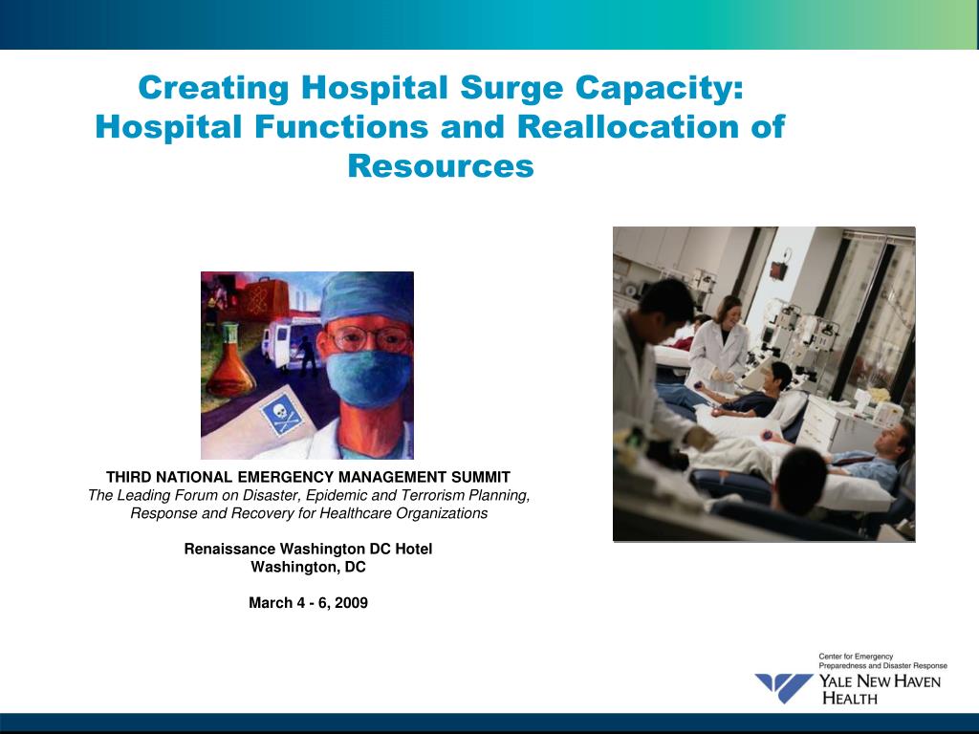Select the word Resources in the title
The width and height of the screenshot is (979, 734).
(440, 166)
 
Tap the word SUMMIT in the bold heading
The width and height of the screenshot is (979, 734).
(478, 477)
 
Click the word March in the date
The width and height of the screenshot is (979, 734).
(270, 602)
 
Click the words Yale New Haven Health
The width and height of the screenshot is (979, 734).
(879, 689)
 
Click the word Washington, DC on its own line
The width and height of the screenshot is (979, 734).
(308, 567)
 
